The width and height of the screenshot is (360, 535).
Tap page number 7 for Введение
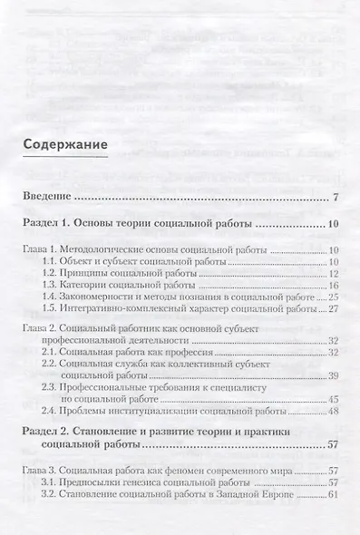(x=336, y=197)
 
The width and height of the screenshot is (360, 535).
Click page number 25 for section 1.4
(x=333, y=297)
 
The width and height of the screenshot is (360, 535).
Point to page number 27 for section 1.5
(x=333, y=308)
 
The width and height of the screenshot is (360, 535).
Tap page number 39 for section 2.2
(x=333, y=374)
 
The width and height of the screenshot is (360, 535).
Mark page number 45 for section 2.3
(x=333, y=399)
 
